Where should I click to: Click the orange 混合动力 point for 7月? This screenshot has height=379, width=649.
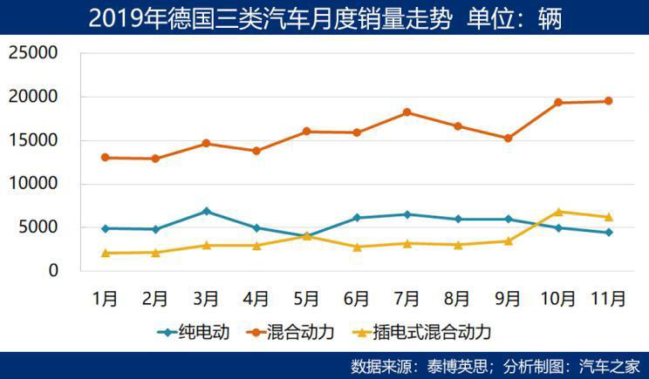click(407, 112)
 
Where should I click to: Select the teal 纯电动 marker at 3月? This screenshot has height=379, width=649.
click(206, 211)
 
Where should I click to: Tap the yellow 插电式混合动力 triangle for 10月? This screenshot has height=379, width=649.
click(558, 211)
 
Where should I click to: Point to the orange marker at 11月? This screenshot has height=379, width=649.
click(609, 101)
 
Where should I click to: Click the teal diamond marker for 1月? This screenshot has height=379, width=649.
click(106, 228)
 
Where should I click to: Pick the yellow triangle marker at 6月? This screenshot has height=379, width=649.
click(357, 247)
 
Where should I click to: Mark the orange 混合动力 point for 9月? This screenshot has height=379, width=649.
click(508, 139)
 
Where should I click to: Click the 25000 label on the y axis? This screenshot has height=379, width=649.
click(33, 53)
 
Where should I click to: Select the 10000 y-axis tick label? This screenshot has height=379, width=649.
click(33, 184)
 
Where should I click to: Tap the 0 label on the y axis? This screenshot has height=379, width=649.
click(53, 271)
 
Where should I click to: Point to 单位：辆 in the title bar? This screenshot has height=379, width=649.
click(515, 18)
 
